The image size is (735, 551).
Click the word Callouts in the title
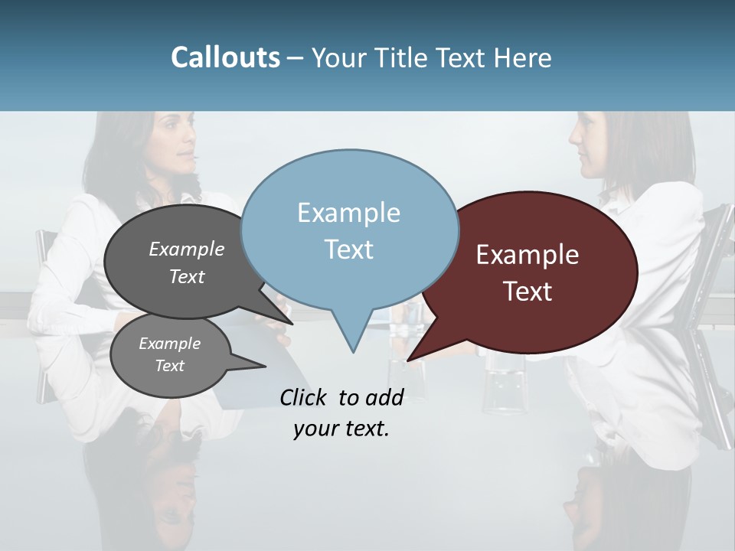225,57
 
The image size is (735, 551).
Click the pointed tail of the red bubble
411,357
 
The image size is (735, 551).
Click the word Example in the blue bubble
348,213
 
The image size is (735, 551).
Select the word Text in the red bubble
528,292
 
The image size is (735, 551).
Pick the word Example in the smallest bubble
169,344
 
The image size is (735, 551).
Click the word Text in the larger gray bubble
187,277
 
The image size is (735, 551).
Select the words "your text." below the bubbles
341,429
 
